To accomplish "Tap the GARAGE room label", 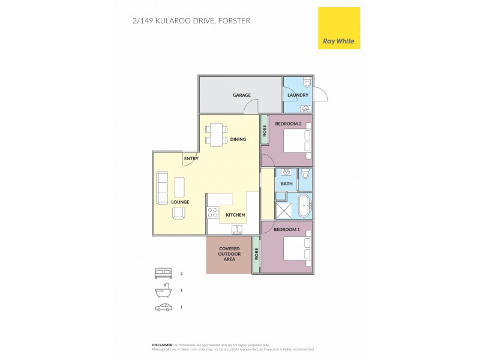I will point(242,95).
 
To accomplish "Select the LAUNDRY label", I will point(298,95).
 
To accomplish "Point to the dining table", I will point(216,134).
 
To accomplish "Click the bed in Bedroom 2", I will point(298,142).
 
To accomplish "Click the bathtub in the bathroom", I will point(305,205).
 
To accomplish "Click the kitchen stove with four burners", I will point(213,212).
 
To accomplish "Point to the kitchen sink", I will point(237,229).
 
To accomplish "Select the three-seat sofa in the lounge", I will point(162,187).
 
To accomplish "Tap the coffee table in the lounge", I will point(179,187).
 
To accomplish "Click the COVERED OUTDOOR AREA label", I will point(229,254).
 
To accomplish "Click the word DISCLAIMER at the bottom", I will point(163,345).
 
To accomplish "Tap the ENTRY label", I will point(191,158).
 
